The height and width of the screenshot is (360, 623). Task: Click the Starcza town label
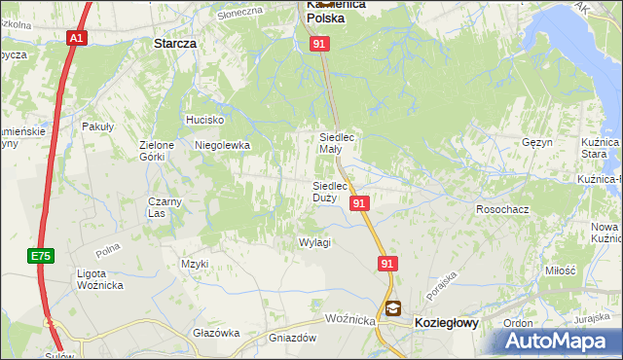(x=175, y=44)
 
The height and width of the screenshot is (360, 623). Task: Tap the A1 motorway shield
(x=77, y=38)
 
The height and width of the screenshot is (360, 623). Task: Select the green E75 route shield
(x=40, y=256)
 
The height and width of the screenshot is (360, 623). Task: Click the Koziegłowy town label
(x=447, y=322)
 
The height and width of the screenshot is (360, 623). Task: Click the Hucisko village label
(x=205, y=120)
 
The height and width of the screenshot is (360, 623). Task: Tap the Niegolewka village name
(x=223, y=145)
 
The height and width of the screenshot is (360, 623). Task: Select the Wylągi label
(x=315, y=242)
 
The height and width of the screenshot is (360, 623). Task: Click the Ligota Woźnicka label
(x=99, y=279)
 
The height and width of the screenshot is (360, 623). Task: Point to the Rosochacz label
(x=501, y=209)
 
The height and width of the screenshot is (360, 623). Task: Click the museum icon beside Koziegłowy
(x=392, y=308)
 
